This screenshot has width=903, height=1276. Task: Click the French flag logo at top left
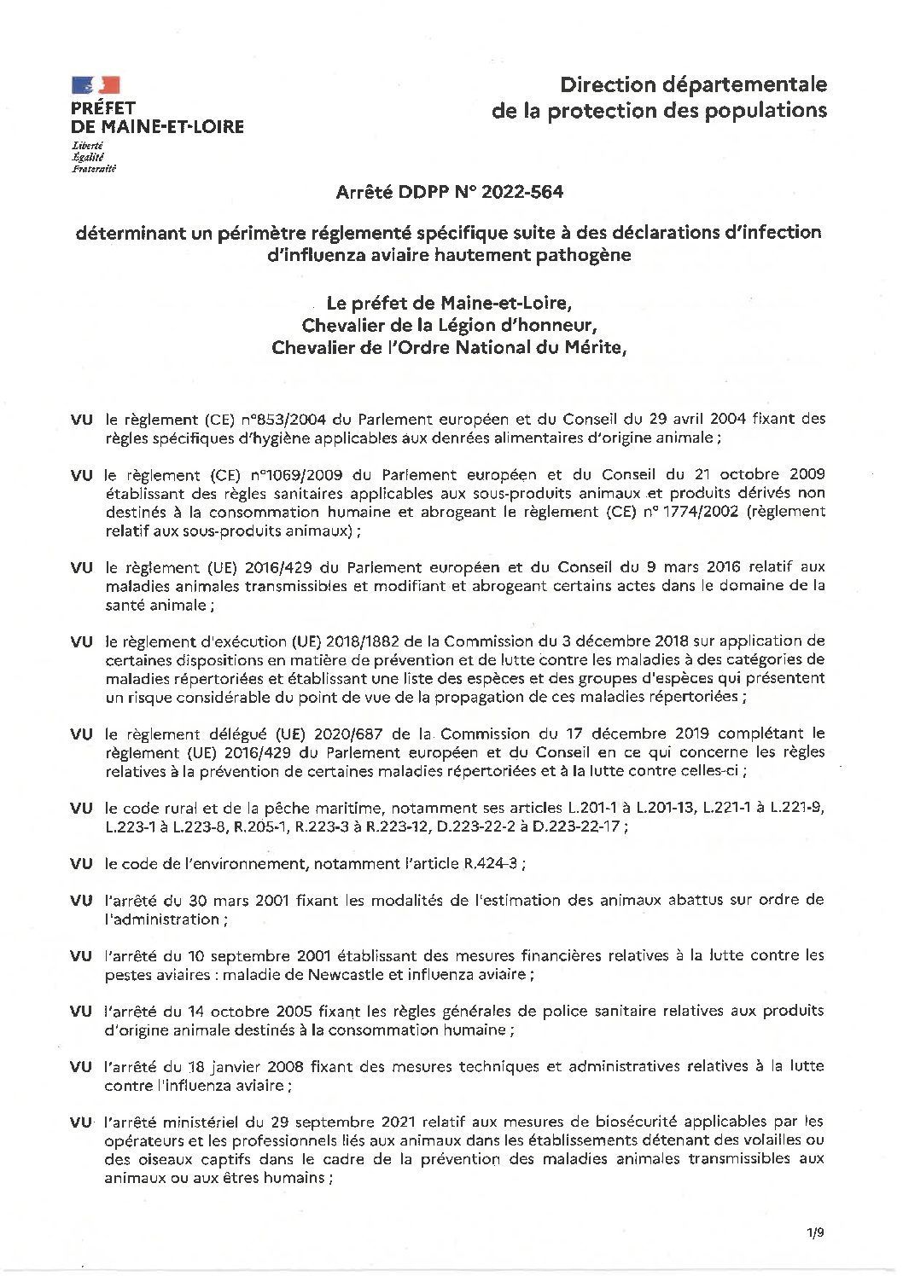click(x=96, y=84)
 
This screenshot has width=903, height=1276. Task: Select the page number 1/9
click(x=814, y=1233)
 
